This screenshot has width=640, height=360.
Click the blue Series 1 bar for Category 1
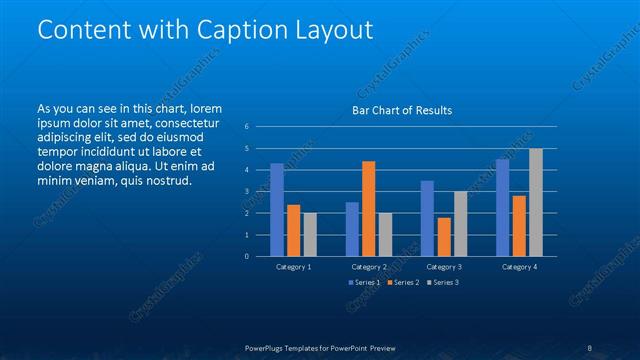coord(277,210)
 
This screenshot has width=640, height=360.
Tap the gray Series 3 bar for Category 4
coord(536,202)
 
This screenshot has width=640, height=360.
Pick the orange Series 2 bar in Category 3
coord(443,237)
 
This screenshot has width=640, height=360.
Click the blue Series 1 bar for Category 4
coord(502,208)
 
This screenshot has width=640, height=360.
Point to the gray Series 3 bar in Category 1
coord(310,235)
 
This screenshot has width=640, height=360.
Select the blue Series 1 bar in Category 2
coord(352,229)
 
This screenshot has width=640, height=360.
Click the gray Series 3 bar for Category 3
coord(460,224)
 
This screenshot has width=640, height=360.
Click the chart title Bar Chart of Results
coord(401,110)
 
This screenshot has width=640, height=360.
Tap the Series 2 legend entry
coord(403,283)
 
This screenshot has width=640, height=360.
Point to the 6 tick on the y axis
coord(246,127)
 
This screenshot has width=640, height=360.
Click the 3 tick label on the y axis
coord(246,192)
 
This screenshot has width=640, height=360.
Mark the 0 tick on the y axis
coord(246,257)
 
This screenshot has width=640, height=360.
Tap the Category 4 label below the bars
coord(518,267)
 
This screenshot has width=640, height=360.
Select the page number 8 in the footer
coord(590,348)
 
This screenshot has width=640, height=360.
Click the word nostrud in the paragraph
coord(168,181)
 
